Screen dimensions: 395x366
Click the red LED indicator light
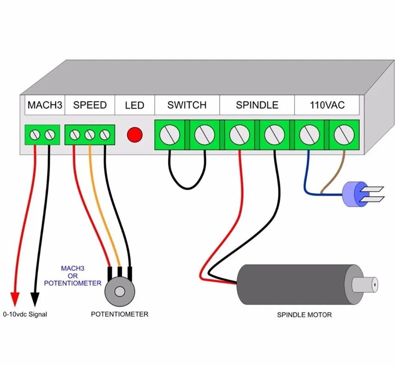tap(135, 135)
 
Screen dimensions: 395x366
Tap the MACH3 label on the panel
tap(45, 105)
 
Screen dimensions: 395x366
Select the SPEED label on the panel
tap(90, 105)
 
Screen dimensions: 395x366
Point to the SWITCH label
tap(187, 105)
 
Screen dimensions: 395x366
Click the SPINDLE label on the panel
tap(257, 105)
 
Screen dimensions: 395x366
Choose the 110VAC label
tap(327, 105)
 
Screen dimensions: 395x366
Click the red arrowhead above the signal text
tap(15, 299)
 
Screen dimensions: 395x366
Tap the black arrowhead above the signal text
tap(35, 299)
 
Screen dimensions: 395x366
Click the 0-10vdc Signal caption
tap(25, 314)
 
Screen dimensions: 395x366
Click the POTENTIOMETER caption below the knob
tap(120, 314)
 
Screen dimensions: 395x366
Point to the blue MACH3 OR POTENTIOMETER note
tap(73, 276)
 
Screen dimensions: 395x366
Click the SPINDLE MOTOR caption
tap(304, 315)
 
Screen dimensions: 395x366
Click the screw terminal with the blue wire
tap(309, 135)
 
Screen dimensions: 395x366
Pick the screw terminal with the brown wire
tap(344, 135)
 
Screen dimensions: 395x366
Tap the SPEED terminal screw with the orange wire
tap(90, 135)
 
